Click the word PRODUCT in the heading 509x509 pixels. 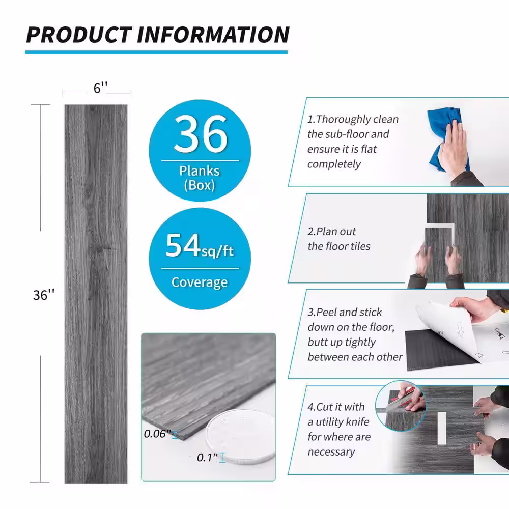(79, 35)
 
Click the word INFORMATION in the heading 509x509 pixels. (213, 35)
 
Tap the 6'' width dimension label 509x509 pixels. (101, 88)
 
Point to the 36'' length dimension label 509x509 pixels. (44, 295)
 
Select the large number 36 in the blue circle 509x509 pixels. (201, 134)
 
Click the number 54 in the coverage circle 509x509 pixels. (182, 245)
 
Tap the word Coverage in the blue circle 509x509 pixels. (200, 282)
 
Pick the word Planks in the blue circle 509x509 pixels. (200, 171)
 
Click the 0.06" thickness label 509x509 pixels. (157, 433)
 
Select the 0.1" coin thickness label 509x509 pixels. (207, 458)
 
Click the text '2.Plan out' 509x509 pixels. (331, 232)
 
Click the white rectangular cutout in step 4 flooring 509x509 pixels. (441, 428)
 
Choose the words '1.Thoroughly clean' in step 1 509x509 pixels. (353, 119)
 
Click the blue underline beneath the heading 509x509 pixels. (156, 52)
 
